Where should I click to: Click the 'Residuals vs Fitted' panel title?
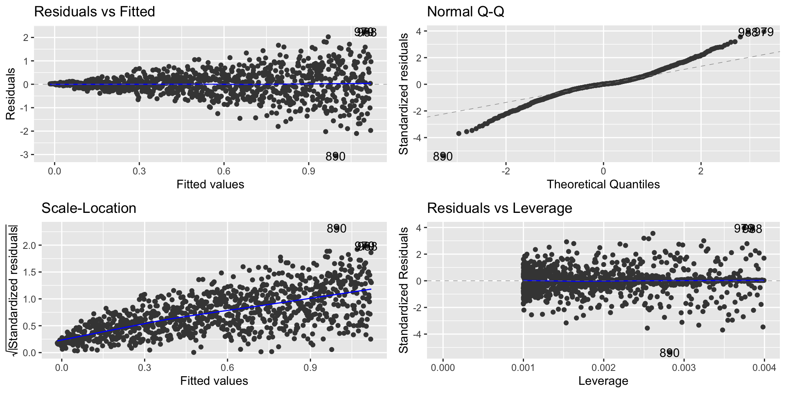(94, 11)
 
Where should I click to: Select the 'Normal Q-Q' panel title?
(465, 11)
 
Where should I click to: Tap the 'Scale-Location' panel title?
(89, 208)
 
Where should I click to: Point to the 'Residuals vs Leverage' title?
(499, 208)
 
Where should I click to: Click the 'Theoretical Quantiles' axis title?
(603, 184)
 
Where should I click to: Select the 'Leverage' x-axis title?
(603, 381)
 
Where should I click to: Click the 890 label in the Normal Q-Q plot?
(443, 156)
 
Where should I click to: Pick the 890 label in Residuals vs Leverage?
(669, 353)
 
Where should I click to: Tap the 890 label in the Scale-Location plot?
(337, 228)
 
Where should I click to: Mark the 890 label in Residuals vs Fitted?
(335, 156)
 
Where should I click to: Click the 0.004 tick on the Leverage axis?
(764, 368)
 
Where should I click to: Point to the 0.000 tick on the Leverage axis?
(443, 368)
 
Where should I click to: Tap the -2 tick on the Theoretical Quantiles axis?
(506, 170)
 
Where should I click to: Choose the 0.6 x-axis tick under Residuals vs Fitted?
(224, 170)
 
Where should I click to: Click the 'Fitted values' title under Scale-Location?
(214, 381)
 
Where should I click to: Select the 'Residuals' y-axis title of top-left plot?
(11, 94)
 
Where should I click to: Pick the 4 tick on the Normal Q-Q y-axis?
(418, 31)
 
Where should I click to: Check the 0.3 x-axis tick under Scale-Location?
(145, 368)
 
